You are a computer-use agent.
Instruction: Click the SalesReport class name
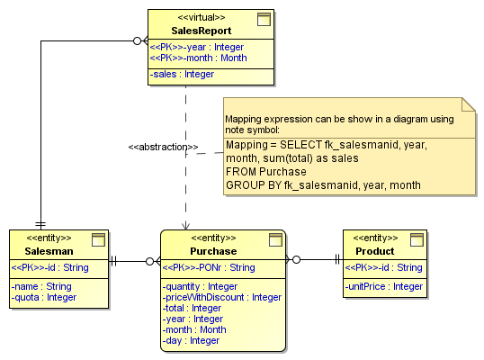coord(202,31)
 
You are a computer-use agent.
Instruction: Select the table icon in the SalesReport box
coord(264,19)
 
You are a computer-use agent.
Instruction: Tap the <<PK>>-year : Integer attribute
coord(197,47)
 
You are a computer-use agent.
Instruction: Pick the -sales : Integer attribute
coord(182,74)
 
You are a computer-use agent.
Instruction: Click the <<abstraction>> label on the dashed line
coord(164,147)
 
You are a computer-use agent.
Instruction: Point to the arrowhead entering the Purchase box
coord(185,225)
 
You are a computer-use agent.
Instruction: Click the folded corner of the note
coord(469,104)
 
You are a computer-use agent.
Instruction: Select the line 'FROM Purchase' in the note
coord(266,172)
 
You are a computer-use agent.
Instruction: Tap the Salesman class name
coord(49,251)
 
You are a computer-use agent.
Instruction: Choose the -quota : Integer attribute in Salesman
coord(44,297)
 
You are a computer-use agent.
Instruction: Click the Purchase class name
coord(213,251)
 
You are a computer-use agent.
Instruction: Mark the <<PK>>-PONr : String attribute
coord(209,267)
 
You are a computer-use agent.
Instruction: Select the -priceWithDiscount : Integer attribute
coord(222,297)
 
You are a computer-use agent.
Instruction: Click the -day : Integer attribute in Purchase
coord(191,340)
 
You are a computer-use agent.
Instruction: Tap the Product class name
coord(375,251)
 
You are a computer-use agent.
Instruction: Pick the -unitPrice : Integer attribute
coord(383,286)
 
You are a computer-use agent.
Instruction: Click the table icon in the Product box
coord(417,239)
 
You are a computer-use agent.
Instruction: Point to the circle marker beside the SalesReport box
coord(137,40)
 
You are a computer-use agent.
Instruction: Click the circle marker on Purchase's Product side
coord(296,260)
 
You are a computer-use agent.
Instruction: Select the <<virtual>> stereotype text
coord(202,17)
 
